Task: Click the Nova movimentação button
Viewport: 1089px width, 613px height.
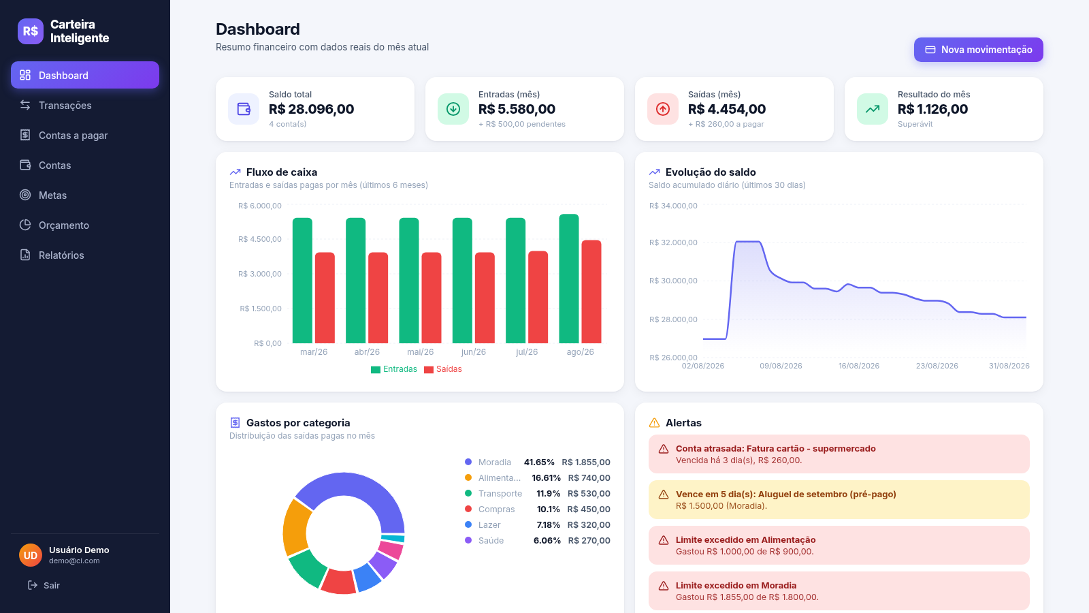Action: coord(978,50)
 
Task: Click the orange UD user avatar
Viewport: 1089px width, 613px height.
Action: coord(31,555)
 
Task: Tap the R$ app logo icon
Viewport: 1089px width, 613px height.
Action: coord(31,31)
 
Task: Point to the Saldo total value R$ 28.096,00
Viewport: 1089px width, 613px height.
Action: coord(311,109)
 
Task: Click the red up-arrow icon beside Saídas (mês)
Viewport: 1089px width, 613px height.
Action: coord(663,109)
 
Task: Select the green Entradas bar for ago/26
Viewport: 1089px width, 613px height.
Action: coord(569,279)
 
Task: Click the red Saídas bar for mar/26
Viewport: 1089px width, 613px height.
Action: coord(325,298)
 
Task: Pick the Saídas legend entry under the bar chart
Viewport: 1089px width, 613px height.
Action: coord(443,369)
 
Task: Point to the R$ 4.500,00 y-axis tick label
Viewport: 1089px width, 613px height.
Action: coord(259,239)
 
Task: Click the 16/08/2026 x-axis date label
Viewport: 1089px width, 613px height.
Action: coord(858,366)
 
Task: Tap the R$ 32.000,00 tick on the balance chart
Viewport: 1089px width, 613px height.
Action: coord(673,242)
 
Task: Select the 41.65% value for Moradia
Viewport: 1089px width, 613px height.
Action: coord(539,462)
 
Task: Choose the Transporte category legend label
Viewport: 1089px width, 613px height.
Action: coord(500,493)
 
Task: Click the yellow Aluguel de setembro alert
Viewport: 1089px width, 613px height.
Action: coord(839,500)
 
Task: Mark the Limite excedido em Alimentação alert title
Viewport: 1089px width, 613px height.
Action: coord(746,539)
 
